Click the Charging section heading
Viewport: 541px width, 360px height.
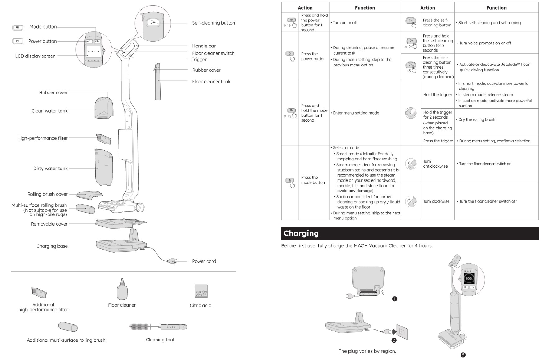[301, 233]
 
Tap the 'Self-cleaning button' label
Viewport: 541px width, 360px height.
[213, 23]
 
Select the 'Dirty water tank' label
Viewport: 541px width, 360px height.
[50, 169]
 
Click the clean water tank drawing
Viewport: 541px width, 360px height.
[104, 108]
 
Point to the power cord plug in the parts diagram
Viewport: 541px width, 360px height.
[172, 261]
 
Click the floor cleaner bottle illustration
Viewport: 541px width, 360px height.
[122, 289]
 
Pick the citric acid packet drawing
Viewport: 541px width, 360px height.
[201, 291]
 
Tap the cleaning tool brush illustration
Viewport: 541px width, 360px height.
[158, 327]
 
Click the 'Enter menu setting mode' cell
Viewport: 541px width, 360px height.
[356, 113]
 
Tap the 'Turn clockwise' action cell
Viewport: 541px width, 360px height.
[436, 201]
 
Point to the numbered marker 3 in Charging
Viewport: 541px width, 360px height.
[463, 355]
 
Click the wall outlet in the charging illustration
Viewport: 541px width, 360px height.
[402, 332]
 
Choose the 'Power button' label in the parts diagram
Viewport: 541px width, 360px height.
[43, 41]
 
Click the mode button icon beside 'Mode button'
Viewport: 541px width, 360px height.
[18, 28]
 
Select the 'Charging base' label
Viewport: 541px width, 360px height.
[52, 246]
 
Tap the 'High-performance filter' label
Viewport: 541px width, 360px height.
[43, 138]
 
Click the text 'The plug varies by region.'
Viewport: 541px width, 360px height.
[367, 351]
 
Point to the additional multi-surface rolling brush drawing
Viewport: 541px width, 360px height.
[68, 326]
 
